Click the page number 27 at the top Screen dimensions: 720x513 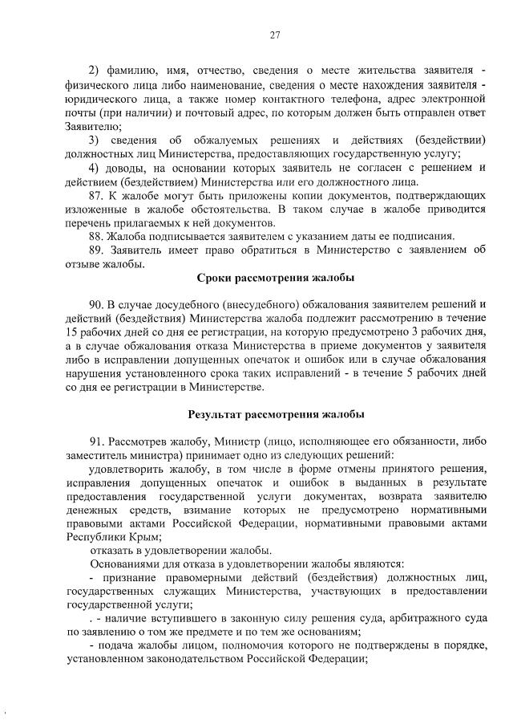click(x=275, y=35)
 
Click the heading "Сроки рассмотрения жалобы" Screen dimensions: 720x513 click(x=275, y=278)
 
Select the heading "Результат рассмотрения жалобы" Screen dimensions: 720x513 click(x=276, y=415)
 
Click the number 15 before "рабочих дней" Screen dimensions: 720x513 click(x=72, y=332)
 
